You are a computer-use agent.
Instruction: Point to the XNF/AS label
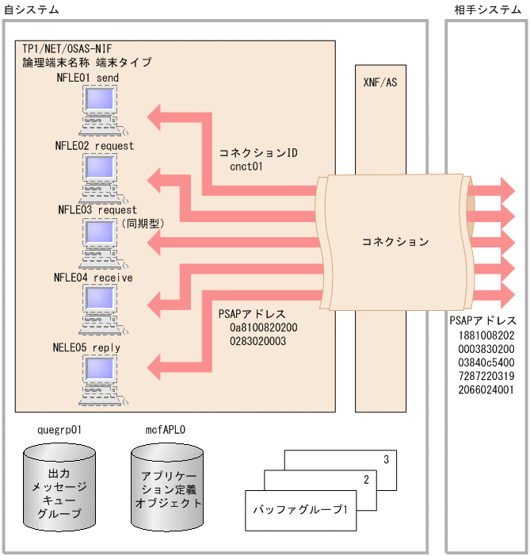click(379, 82)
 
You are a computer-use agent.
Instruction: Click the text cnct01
click(246, 167)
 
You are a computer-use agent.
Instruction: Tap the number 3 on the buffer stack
click(386, 459)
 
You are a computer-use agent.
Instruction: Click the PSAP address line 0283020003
click(257, 341)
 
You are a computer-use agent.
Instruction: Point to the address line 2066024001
click(486, 389)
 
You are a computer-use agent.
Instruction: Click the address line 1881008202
click(486, 336)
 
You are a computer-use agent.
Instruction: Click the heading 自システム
click(31, 9)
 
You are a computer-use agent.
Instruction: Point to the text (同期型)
click(143, 224)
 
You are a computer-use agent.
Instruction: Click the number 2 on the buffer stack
click(366, 480)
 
